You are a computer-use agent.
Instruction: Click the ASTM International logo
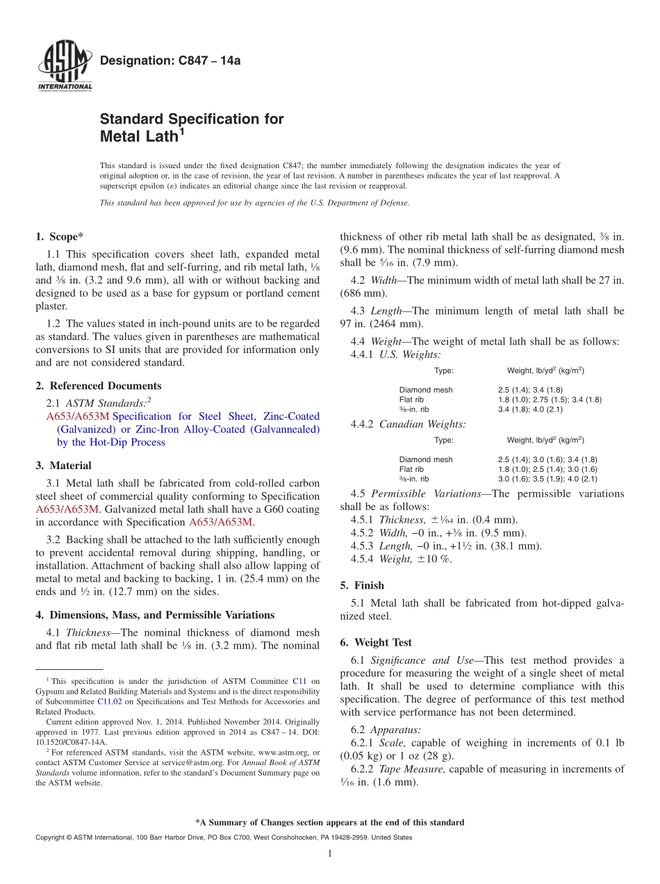click(x=65, y=67)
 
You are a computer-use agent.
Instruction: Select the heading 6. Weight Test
click(x=376, y=642)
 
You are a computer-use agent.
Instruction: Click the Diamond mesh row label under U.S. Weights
click(x=425, y=390)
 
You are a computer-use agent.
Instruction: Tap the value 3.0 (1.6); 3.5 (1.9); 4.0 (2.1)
click(x=547, y=479)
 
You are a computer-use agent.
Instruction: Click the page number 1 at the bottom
click(x=330, y=853)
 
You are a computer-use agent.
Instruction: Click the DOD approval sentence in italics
click(x=255, y=203)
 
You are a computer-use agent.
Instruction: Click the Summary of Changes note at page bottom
click(x=330, y=823)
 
